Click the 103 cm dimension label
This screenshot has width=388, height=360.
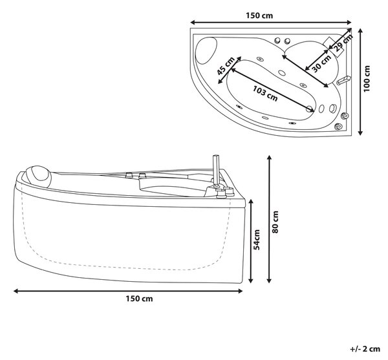tap(265, 93)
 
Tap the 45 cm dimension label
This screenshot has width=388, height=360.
tap(226, 65)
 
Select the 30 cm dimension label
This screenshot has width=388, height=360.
tap(321, 63)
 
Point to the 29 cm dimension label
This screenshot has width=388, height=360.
tap(343, 43)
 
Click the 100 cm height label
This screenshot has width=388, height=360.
tap(367, 79)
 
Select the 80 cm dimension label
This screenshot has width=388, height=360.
tap(275, 222)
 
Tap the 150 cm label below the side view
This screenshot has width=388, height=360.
tap(139, 299)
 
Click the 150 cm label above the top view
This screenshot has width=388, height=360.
tap(259, 16)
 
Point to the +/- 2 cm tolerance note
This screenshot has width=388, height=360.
tap(365, 349)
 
